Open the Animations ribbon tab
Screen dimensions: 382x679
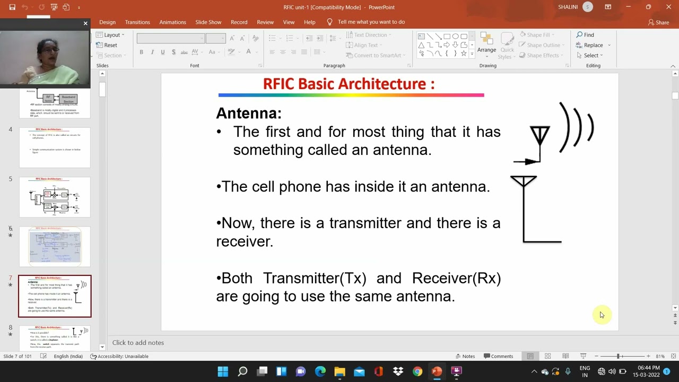pos(172,22)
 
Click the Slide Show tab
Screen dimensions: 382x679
pos(208,22)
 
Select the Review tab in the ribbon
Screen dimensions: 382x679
pos(265,22)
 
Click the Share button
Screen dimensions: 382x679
pos(658,22)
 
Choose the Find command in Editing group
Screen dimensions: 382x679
pos(585,35)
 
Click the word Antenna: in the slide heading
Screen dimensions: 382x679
pos(248,113)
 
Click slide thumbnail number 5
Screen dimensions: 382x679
pos(55,197)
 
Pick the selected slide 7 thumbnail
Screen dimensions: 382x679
pos(55,296)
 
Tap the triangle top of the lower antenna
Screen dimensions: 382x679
pos(524,181)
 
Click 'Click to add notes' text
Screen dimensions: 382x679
pos(138,343)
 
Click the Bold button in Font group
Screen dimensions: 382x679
pos(141,52)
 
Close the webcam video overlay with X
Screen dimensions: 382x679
pos(85,23)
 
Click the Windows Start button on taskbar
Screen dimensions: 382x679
pos(223,371)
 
